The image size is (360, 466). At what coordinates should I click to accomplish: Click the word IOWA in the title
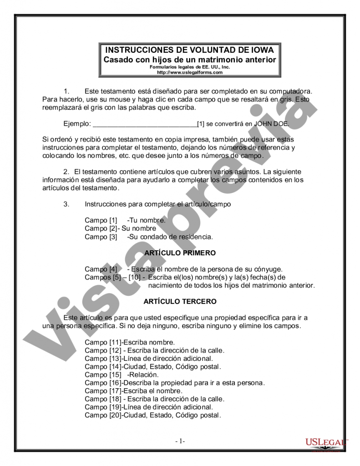click(263, 50)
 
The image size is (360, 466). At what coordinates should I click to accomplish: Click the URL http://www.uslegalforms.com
click(190, 72)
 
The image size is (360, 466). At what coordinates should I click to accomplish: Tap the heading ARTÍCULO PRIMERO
click(180, 253)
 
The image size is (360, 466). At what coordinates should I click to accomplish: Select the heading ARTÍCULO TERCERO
click(180, 301)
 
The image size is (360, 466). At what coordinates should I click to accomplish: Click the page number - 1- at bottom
click(180, 441)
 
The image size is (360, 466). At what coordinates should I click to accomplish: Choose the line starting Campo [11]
click(130, 342)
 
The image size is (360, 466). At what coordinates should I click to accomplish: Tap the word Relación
click(145, 375)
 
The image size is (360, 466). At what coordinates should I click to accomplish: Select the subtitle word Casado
click(118, 60)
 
